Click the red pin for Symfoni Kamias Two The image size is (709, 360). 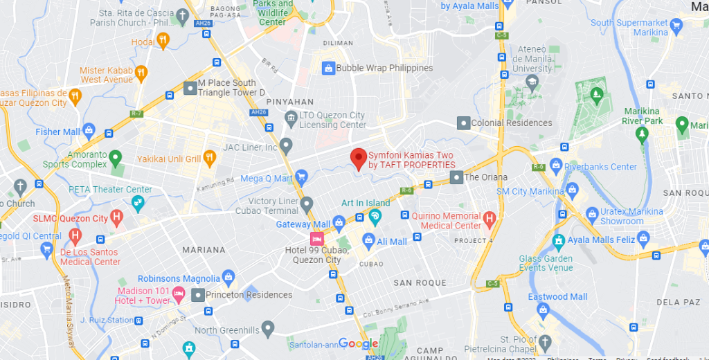[x=358, y=159]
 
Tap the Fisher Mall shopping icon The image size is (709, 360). [x=89, y=132]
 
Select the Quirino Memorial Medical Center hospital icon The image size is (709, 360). [x=490, y=220]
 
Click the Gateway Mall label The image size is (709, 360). [x=303, y=224]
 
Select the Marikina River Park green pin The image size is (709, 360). [x=681, y=125]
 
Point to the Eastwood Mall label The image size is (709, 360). [x=557, y=297]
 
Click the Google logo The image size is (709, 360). [x=359, y=344]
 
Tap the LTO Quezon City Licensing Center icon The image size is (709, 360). [x=291, y=120]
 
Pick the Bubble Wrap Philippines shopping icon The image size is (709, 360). [x=328, y=68]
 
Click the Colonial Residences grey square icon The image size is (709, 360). [x=463, y=123]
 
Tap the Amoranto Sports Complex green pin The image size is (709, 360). [x=116, y=159]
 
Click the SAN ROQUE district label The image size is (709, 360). [x=420, y=283]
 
